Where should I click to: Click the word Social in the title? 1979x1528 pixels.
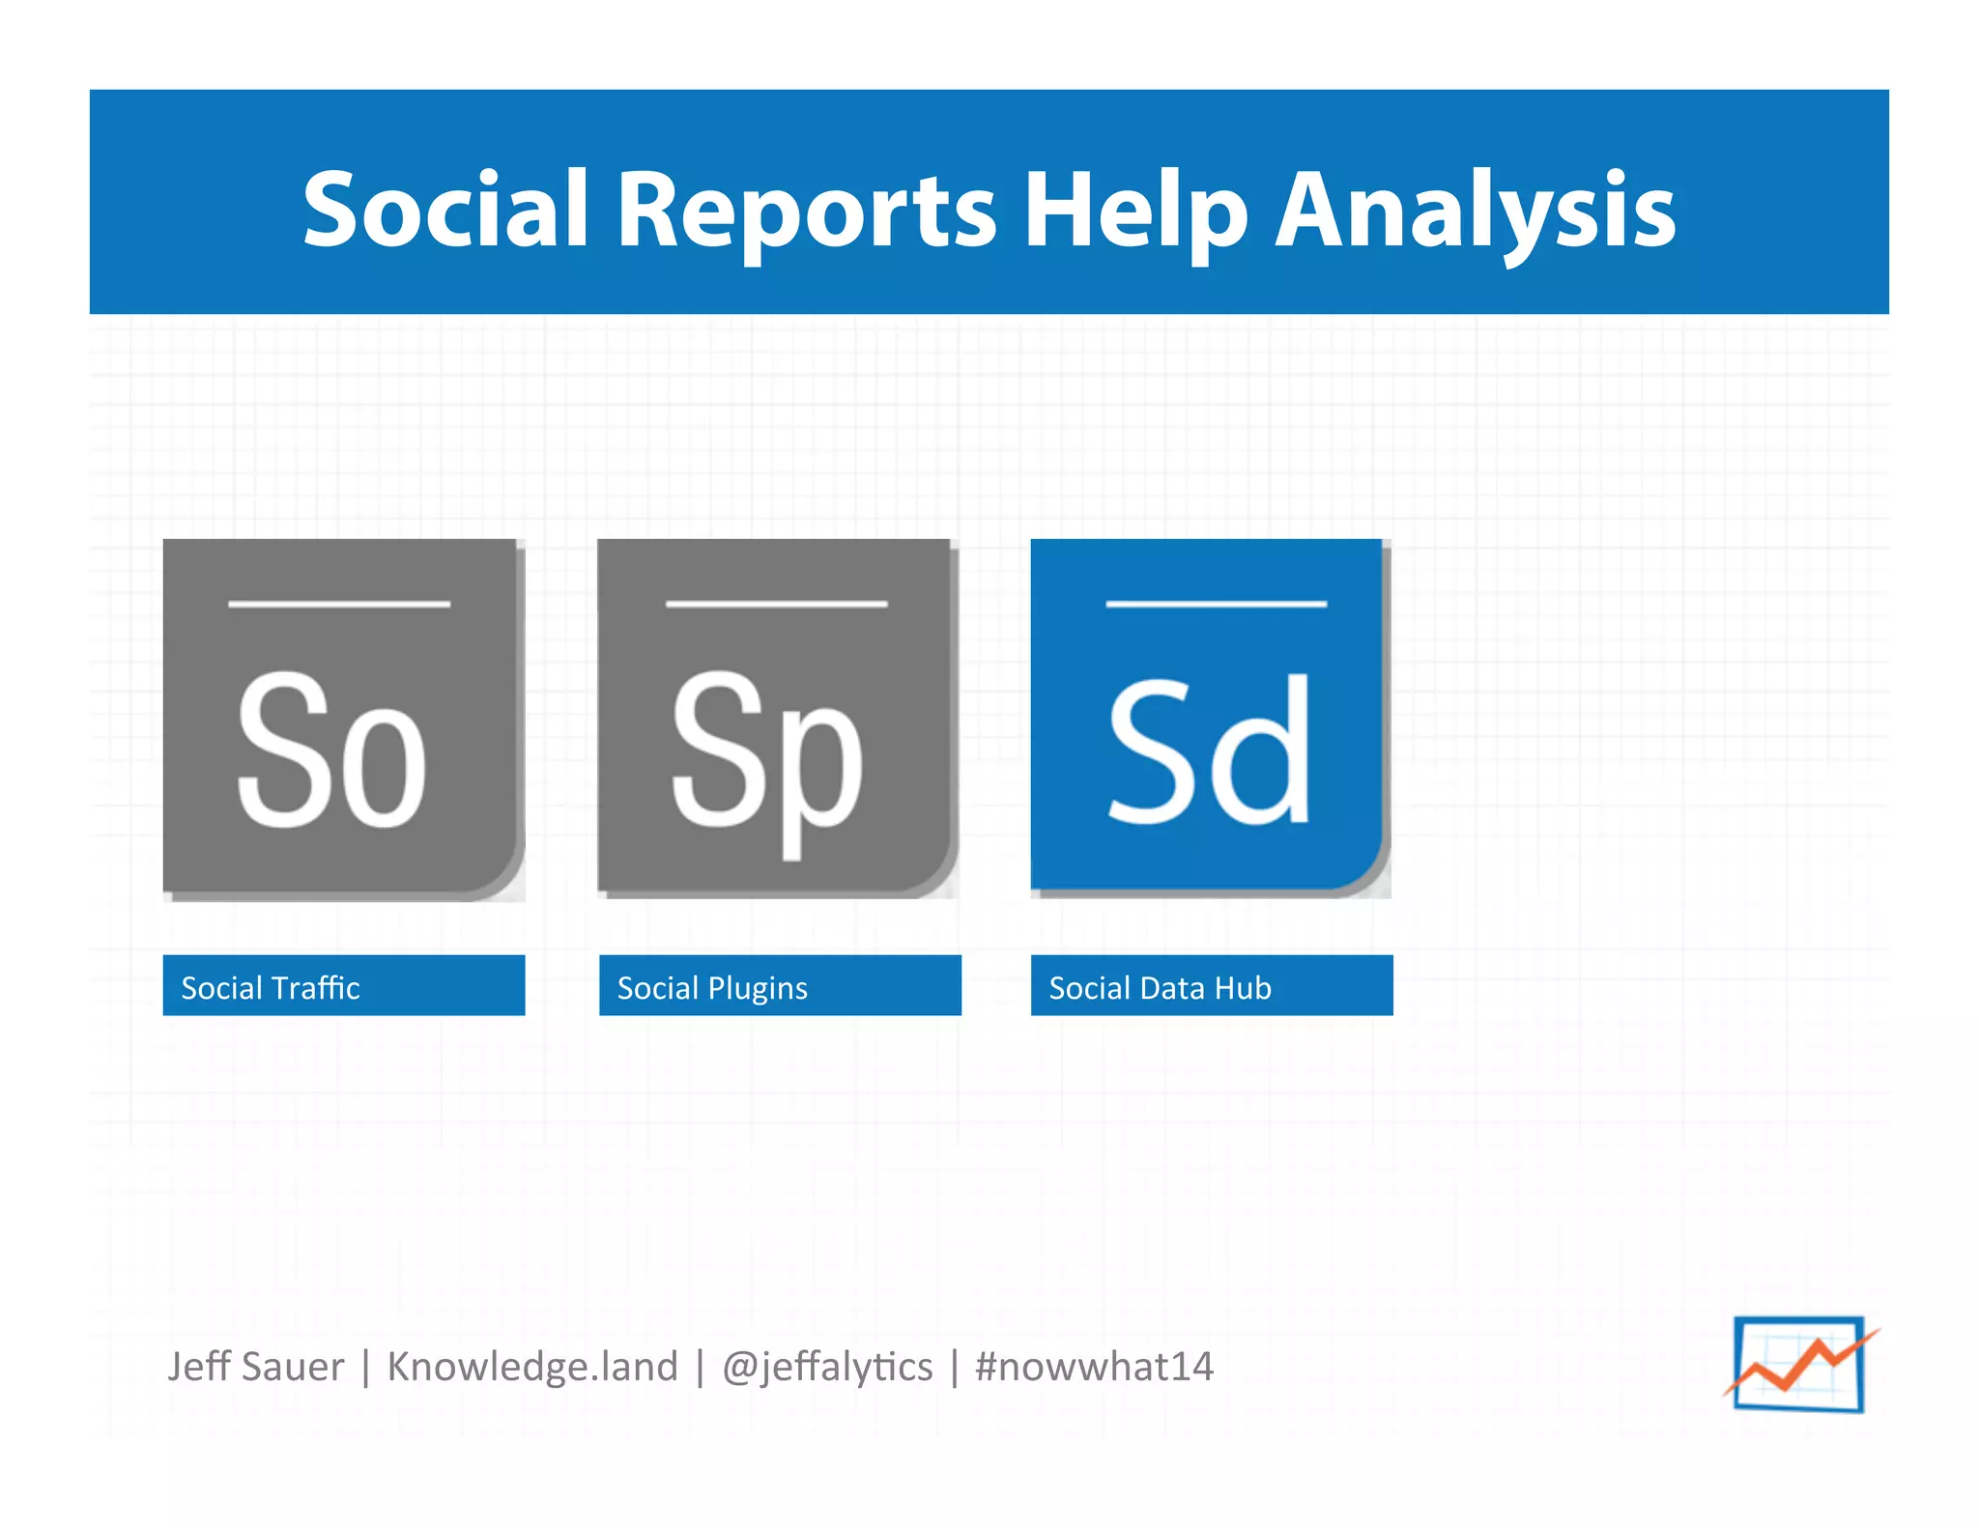[445, 209]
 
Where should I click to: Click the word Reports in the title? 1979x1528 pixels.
[807, 211]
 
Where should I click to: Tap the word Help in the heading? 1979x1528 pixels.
[1135, 211]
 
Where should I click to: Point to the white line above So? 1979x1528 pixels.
[339, 605]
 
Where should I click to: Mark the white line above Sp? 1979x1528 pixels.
[776, 605]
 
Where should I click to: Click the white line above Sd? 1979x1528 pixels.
[1216, 605]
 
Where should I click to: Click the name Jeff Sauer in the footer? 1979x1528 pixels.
[255, 1367]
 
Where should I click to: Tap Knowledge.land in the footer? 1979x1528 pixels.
[532, 1367]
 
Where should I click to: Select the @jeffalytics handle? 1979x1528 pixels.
[827, 1367]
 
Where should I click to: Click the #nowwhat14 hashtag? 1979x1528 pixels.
[1094, 1367]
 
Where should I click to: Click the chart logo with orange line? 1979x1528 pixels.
[1799, 1364]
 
